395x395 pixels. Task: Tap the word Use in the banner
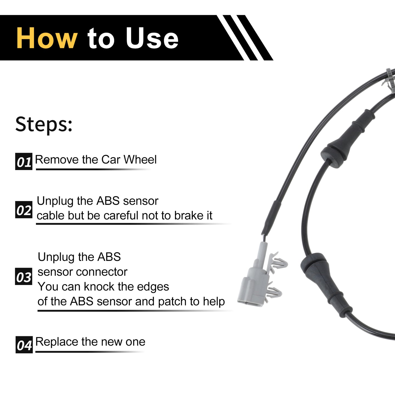pyautogui.click(x=152, y=38)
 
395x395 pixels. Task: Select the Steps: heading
pyautogui.click(x=44, y=124)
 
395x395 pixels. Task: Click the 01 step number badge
pyautogui.click(x=24, y=161)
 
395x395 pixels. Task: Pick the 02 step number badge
pyautogui.click(x=24, y=210)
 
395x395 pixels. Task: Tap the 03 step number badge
pyautogui.click(x=24, y=276)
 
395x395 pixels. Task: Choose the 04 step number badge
pyautogui.click(x=24, y=345)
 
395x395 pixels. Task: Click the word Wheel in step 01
pyautogui.click(x=140, y=159)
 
